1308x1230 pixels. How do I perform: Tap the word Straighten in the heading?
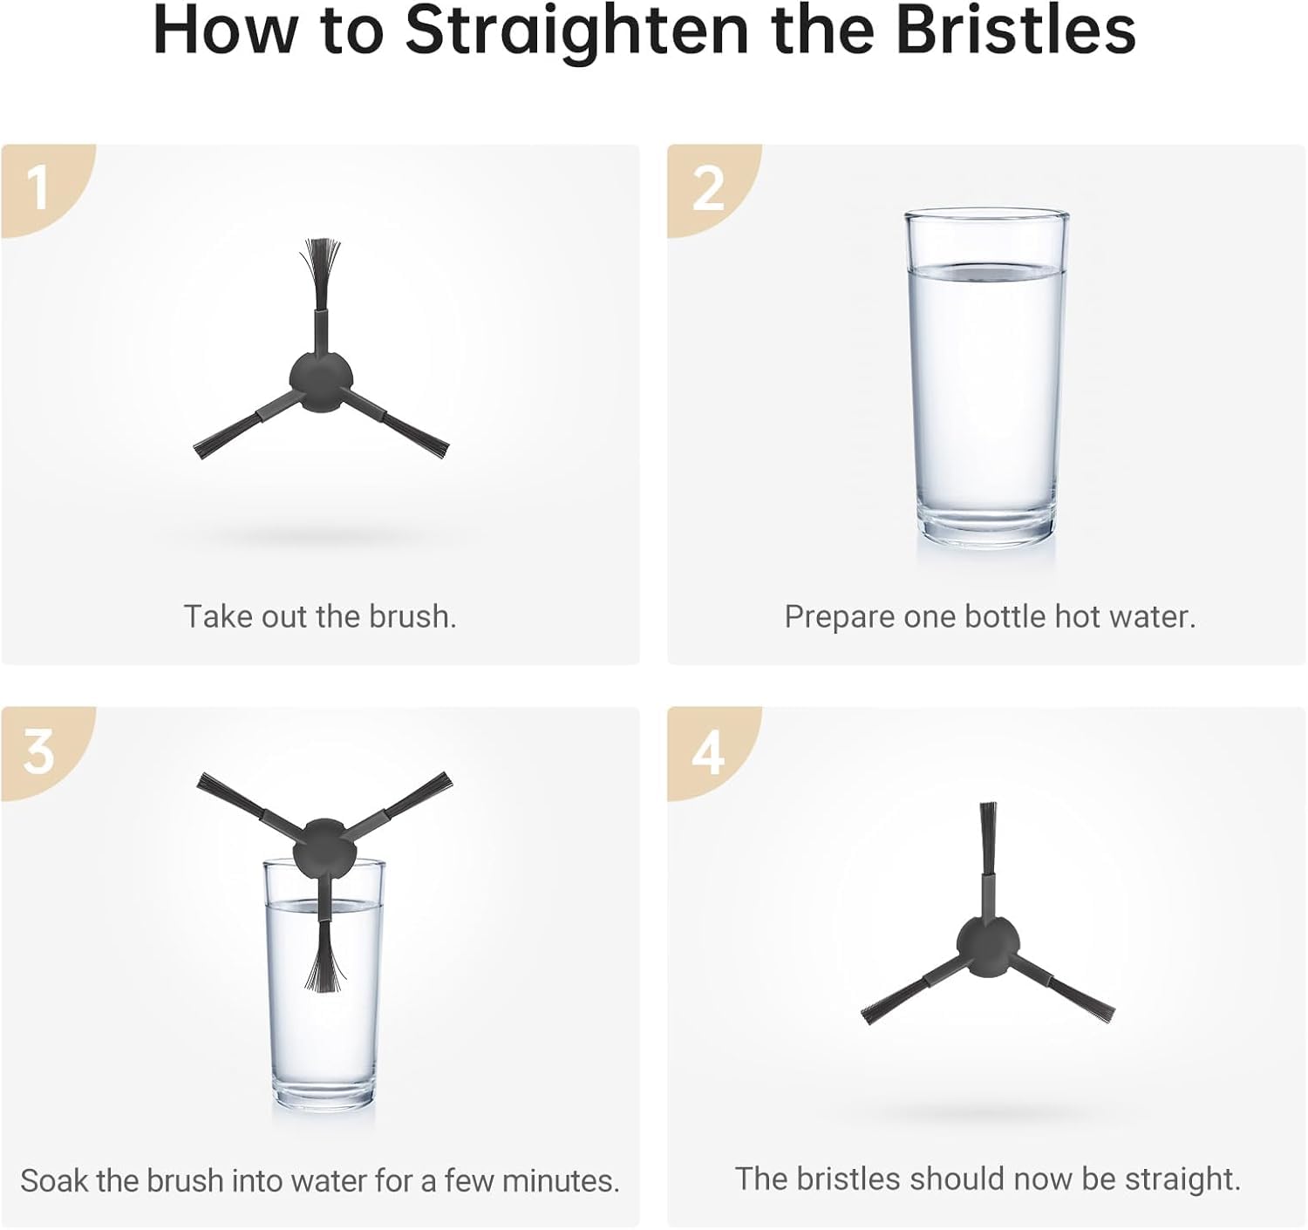click(x=576, y=34)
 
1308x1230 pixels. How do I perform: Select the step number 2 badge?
click(x=708, y=189)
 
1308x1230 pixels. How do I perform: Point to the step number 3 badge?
click(x=38, y=752)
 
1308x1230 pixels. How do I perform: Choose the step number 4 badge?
click(x=709, y=752)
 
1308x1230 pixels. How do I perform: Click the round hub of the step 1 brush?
click(x=322, y=382)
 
